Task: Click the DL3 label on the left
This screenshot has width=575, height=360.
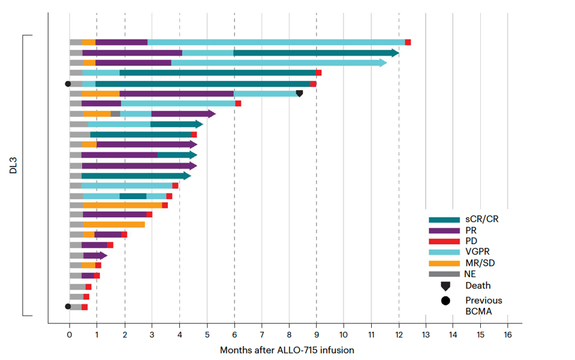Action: pos(13,166)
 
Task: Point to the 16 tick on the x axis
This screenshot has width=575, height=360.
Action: pos(507,334)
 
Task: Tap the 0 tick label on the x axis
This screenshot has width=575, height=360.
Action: pos(70,334)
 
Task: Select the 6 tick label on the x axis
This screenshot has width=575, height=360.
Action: pos(234,334)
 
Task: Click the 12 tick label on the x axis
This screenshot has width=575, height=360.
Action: pos(398,334)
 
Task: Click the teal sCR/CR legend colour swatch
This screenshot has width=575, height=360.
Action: pos(444,220)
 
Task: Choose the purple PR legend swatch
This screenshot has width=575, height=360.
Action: pos(444,230)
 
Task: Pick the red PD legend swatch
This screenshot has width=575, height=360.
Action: pos(444,241)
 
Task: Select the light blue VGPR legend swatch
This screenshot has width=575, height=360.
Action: pos(444,253)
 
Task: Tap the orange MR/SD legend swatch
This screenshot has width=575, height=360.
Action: pos(444,263)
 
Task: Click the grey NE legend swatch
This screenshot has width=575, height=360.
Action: pos(444,274)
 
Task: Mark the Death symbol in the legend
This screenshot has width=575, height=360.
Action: pos(445,286)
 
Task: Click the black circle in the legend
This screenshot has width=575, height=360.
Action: pos(445,301)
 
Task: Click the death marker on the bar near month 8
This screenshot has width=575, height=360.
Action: pos(299,94)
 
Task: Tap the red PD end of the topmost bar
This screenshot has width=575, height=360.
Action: pos(408,42)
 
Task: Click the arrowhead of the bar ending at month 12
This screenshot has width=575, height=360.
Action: pos(396,53)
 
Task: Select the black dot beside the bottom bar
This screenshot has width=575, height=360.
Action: pos(68,307)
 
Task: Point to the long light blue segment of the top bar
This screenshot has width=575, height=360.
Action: pos(276,42)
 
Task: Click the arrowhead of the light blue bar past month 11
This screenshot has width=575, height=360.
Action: pos(383,62)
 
